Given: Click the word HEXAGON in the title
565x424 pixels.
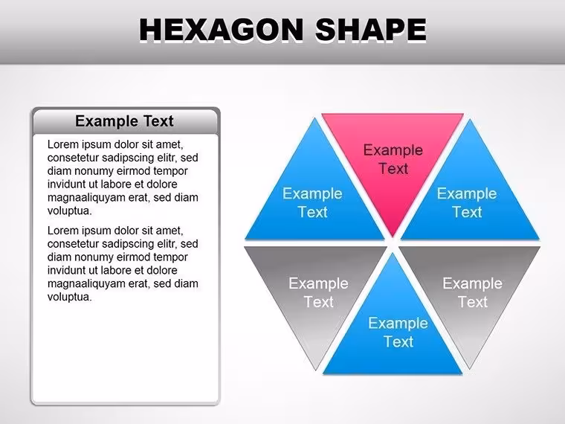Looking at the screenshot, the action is pos(222,30).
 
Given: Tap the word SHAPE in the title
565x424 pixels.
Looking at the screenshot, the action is pos(371,30).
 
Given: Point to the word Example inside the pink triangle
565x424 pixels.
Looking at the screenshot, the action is pos(393,151).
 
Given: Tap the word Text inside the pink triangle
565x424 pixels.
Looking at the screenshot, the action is pos(393,169).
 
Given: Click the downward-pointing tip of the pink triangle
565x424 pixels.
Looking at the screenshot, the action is pos(393,237).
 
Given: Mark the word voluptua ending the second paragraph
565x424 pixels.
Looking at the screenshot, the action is pos(70,298).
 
